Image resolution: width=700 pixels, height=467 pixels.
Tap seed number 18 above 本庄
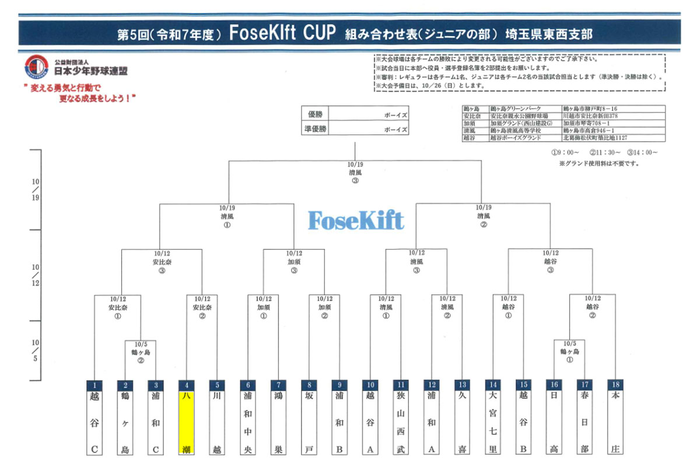click(614, 385)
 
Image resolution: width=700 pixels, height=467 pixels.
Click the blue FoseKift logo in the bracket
click(355, 220)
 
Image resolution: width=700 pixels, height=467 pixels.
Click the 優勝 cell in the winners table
click(316, 115)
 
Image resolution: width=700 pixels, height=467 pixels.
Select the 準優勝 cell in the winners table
click(316, 129)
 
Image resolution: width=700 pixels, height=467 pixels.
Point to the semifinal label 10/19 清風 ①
click(226, 215)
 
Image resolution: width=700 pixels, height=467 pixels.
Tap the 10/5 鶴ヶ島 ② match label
click(140, 352)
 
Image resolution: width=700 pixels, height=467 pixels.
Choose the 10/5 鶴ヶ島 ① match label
click(570, 352)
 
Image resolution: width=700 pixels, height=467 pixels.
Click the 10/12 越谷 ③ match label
click(550, 262)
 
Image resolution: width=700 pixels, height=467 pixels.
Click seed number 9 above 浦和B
click(339, 385)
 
